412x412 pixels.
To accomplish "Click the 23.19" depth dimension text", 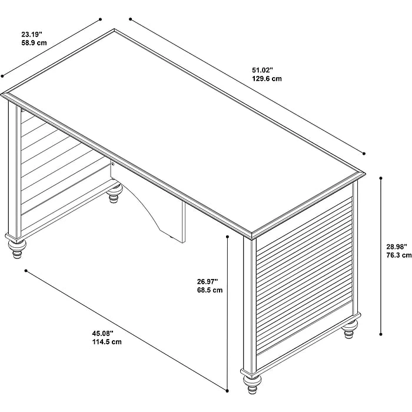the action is (32, 34).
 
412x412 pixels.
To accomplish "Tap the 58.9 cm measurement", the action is (34, 43).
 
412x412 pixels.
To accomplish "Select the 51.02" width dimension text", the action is (263, 70).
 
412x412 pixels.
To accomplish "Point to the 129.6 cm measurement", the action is (267, 79).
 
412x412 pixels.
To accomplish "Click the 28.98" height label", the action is (397, 247).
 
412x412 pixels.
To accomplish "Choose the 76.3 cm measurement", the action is (399, 255).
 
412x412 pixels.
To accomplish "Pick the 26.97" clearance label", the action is (208, 281).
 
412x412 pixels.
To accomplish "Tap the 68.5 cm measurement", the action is (210, 290).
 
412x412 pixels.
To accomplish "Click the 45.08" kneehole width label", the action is (102, 334).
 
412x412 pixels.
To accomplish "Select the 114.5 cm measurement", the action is (107, 342).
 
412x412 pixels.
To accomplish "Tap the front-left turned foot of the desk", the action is (17, 248).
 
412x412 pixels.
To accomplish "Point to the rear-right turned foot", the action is (350, 328).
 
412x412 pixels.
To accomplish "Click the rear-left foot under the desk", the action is (115, 193).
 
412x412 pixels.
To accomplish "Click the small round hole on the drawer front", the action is (113, 164).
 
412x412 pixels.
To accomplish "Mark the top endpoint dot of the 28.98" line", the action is (381, 178).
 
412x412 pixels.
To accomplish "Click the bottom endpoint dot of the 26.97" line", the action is (227, 391).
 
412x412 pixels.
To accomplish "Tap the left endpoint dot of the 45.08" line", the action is (26, 271).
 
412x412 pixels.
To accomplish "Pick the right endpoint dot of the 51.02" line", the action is (364, 154).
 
